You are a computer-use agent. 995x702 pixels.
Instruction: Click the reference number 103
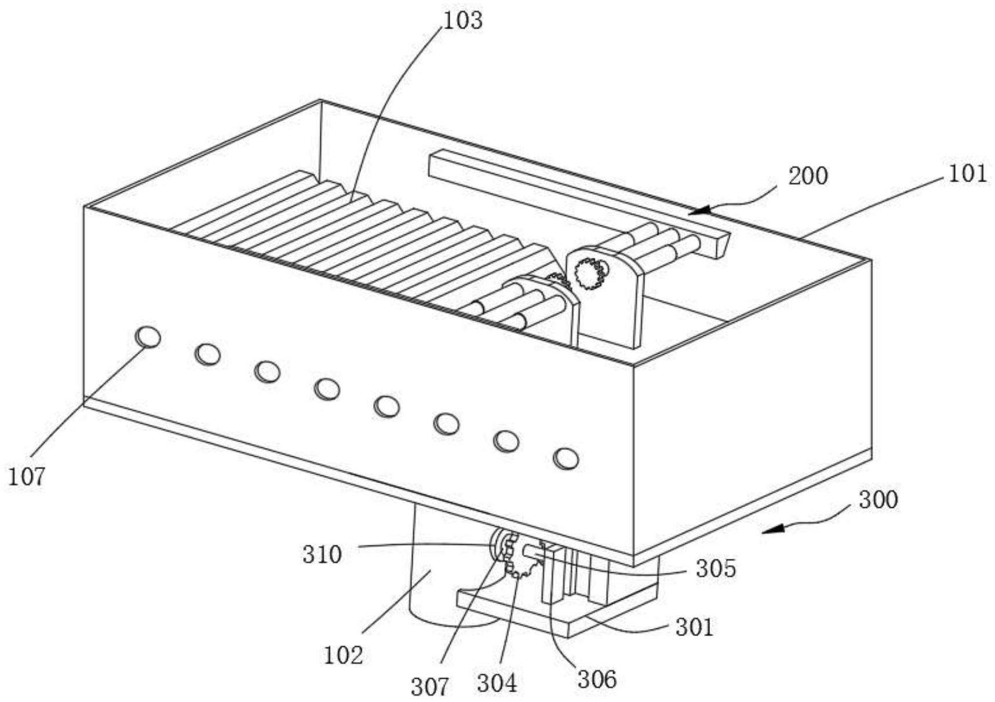(462, 21)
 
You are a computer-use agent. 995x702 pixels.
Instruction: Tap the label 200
(808, 176)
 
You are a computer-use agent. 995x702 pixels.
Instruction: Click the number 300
(878, 500)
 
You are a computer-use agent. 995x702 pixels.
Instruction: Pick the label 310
(322, 555)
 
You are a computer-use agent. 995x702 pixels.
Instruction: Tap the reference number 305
(716, 569)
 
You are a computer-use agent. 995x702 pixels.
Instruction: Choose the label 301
(694, 627)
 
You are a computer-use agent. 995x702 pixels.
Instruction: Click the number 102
(344, 655)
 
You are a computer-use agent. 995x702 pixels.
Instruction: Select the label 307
(430, 688)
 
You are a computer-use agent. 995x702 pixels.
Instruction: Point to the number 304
(497, 683)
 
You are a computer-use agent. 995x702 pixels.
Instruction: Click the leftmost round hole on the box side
(148, 336)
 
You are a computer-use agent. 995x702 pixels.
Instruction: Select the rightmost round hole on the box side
(566, 458)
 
